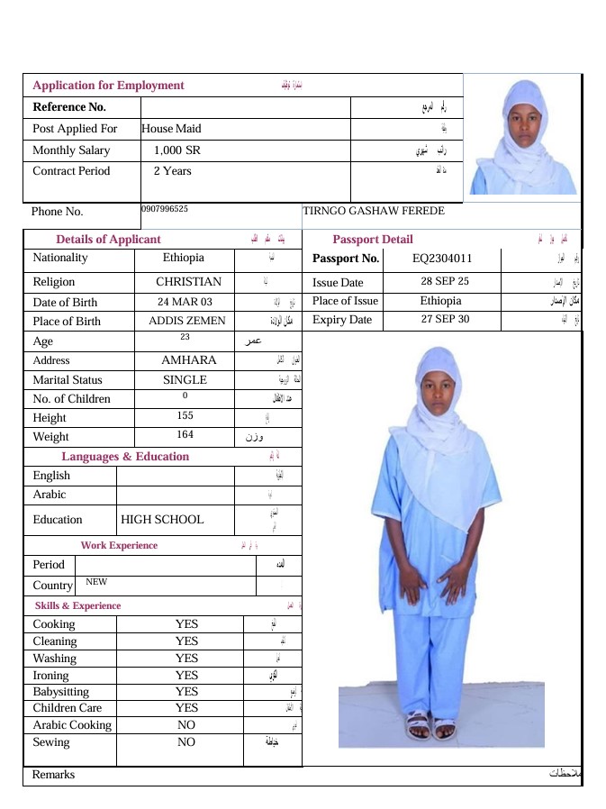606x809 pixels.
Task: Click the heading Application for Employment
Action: pos(108,86)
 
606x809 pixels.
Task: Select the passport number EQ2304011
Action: pos(442,259)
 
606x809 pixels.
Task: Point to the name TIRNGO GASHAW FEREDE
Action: pos(374,211)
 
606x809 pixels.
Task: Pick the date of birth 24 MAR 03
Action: pos(185,303)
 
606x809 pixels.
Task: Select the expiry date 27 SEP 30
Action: pos(445,320)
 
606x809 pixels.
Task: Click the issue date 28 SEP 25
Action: pos(445,281)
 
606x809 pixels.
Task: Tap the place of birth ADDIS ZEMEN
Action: pos(187,322)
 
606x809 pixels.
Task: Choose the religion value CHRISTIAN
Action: pos(188,282)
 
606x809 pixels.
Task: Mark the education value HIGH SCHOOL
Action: pos(162,520)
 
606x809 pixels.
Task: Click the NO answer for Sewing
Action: pos(186,742)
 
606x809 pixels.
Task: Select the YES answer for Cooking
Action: pos(186,623)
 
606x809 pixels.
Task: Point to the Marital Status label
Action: pos(68,380)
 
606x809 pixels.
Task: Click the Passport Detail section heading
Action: pos(373,240)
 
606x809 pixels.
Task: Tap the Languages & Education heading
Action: pos(125,457)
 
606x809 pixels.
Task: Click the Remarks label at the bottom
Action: pos(53,775)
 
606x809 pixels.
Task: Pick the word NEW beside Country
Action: pos(96,582)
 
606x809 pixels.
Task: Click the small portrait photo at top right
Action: pos(521,137)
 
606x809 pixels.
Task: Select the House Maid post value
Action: pos(171,129)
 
